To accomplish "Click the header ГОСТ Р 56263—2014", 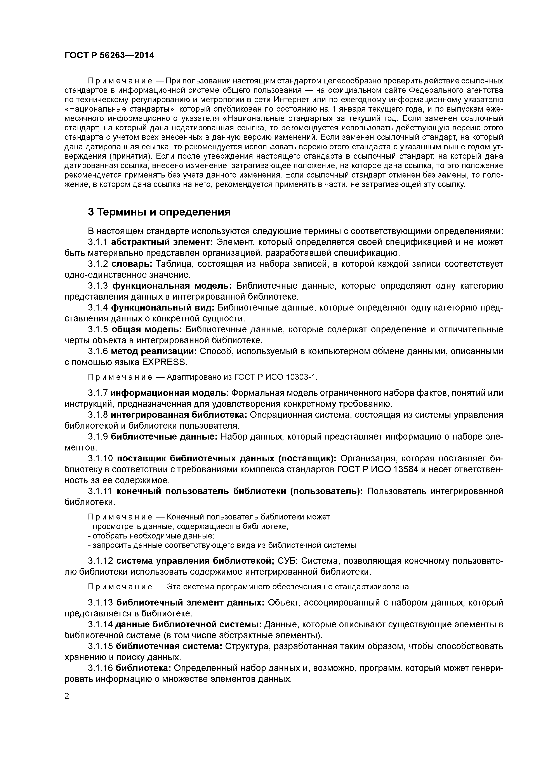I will click(109, 55).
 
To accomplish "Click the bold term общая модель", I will click(146, 330).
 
